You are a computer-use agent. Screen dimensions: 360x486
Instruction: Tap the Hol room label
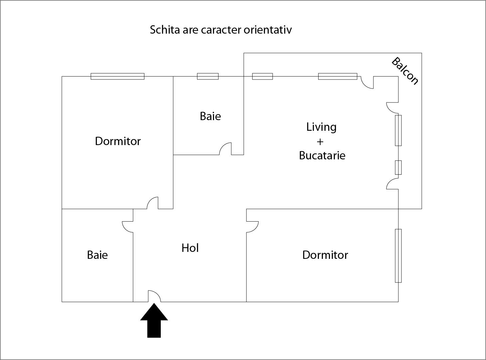pyautogui.click(x=190, y=248)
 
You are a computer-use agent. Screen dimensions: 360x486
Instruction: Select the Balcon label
pyautogui.click(x=405, y=71)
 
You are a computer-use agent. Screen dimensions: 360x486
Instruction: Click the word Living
pyautogui.click(x=321, y=127)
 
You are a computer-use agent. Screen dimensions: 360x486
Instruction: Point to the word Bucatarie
pyautogui.click(x=322, y=155)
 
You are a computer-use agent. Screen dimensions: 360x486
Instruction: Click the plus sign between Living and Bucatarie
pyautogui.click(x=320, y=142)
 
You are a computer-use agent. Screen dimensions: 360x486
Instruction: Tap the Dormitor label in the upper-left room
pyautogui.click(x=118, y=141)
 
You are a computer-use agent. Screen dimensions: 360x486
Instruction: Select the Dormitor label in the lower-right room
pyautogui.click(x=325, y=255)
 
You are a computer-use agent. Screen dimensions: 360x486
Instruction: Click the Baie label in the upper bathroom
pyautogui.click(x=210, y=116)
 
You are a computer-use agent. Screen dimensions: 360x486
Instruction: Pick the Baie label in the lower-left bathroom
pyautogui.click(x=97, y=255)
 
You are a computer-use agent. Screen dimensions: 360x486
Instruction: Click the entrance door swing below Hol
pyautogui.click(x=154, y=296)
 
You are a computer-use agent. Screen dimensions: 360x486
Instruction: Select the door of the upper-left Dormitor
pyautogui.click(x=153, y=203)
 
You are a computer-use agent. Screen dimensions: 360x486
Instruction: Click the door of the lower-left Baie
pyautogui.click(x=128, y=227)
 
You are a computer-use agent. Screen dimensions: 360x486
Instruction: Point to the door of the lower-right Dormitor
pyautogui.click(x=252, y=227)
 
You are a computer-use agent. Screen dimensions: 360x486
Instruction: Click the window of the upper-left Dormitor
pyautogui.click(x=118, y=76)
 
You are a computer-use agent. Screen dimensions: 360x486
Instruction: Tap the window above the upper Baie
pyautogui.click(x=208, y=76)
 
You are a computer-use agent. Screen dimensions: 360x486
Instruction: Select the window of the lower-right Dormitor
pyautogui.click(x=398, y=256)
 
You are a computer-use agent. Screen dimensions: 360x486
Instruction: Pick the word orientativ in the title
pyautogui.click(x=268, y=30)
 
